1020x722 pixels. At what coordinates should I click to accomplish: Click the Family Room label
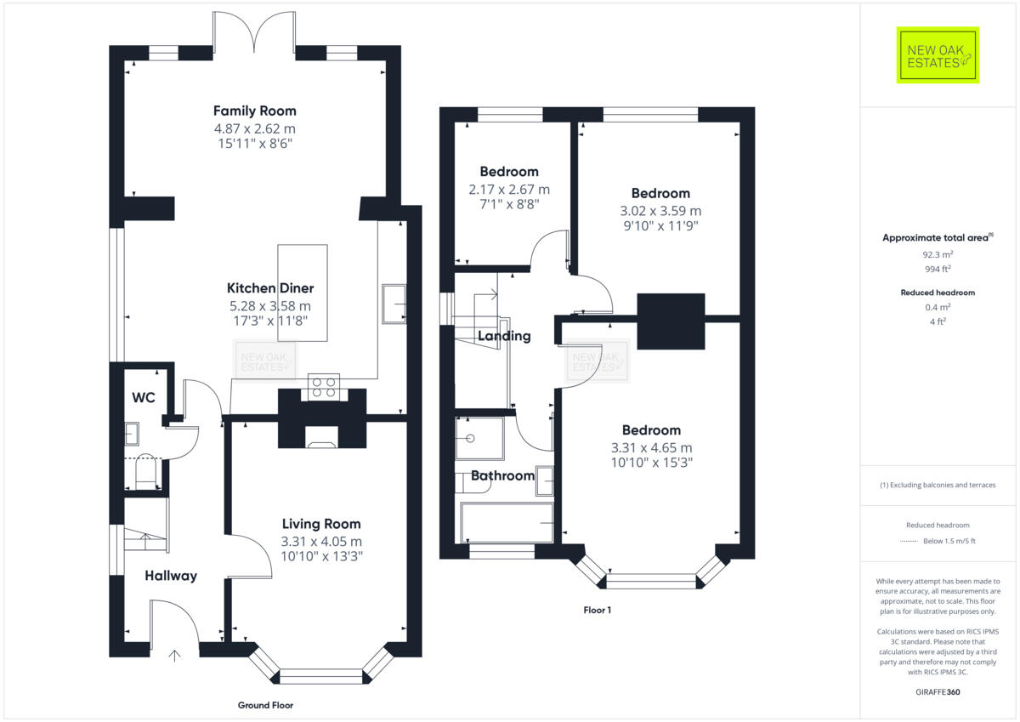coord(254,111)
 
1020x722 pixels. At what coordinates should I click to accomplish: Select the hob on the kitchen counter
coord(323,387)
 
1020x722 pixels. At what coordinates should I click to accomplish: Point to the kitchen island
coord(303,293)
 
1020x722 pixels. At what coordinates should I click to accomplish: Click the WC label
coord(144,397)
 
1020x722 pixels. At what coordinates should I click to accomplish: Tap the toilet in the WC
coord(144,472)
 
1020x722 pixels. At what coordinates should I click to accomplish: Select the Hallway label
coord(170,576)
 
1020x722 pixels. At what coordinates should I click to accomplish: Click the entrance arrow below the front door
coord(175,656)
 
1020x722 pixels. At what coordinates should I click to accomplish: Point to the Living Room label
coord(321,524)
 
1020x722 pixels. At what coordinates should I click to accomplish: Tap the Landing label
coord(504,336)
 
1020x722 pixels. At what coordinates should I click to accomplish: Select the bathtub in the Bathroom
coord(507,522)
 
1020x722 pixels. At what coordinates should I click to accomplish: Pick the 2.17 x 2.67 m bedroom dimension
coord(509,189)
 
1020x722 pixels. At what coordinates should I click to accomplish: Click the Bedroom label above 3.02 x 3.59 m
coord(660,193)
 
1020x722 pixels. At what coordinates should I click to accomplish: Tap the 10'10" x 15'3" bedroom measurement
coord(651,463)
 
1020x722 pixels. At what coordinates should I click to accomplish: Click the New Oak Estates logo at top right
coord(938,55)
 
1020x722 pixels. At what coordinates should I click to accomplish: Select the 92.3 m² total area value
coord(938,254)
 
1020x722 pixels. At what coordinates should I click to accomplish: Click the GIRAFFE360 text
coord(938,692)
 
